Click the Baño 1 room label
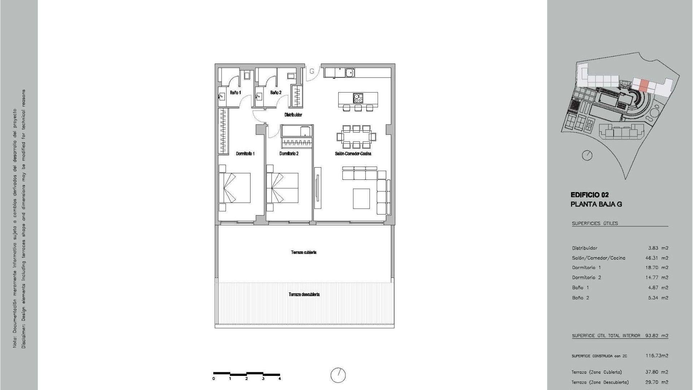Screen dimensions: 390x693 (235, 93)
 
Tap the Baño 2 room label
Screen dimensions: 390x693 (275, 93)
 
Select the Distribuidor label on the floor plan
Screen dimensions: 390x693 (293, 115)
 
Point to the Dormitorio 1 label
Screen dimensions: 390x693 (245, 153)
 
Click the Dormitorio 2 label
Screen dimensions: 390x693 (289, 153)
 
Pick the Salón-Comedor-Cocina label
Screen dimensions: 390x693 (353, 153)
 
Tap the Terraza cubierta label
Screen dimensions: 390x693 (304, 252)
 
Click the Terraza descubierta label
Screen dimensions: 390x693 (304, 294)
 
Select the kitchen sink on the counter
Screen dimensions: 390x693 (349, 73)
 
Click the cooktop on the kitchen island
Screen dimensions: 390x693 (358, 98)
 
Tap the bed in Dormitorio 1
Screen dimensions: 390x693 (235, 188)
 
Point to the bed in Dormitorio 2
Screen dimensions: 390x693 (283, 188)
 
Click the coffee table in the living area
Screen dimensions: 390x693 (361, 199)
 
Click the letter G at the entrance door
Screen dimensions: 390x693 (312, 71)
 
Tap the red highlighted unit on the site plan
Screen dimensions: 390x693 (644, 86)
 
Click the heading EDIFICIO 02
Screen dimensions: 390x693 (590, 195)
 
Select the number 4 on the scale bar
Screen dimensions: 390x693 (280, 379)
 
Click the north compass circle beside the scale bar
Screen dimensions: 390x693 (338, 375)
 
